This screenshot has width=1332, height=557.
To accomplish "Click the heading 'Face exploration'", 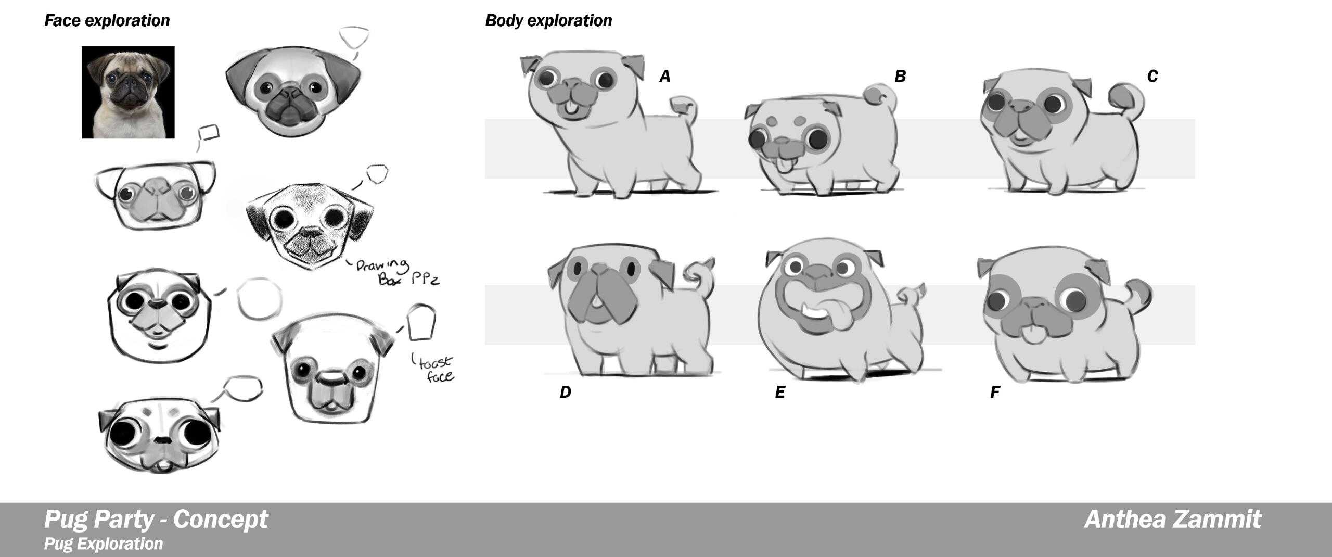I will click(x=107, y=20).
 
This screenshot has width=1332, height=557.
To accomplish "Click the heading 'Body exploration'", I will click(x=548, y=20).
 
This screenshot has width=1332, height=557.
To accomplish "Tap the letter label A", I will click(x=665, y=77).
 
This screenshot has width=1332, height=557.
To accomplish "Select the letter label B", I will click(x=900, y=77).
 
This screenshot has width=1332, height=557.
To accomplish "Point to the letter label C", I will click(x=1152, y=77).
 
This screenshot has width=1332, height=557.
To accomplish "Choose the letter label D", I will click(x=566, y=392).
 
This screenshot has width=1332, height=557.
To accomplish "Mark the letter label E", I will click(x=780, y=392).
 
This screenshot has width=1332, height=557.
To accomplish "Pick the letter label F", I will click(x=995, y=392).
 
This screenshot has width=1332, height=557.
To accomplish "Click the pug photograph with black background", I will click(x=128, y=92).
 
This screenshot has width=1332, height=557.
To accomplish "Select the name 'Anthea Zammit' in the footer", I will click(x=1173, y=519).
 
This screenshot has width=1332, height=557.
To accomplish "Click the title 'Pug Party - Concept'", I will click(x=156, y=519).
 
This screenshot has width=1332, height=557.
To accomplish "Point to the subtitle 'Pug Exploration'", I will click(x=104, y=543).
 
